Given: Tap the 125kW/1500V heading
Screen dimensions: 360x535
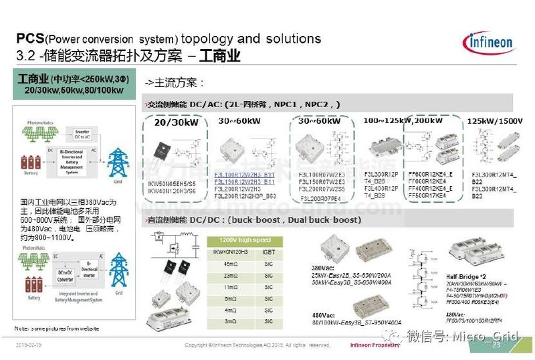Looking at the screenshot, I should pos(494,121).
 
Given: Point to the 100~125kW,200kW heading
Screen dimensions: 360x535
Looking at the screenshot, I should pos(403,120).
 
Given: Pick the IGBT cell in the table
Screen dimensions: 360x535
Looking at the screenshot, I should pos(267,252).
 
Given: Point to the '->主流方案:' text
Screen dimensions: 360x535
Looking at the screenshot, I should pos(175,83).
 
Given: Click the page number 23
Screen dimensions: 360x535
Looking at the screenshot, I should pos(496,345).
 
